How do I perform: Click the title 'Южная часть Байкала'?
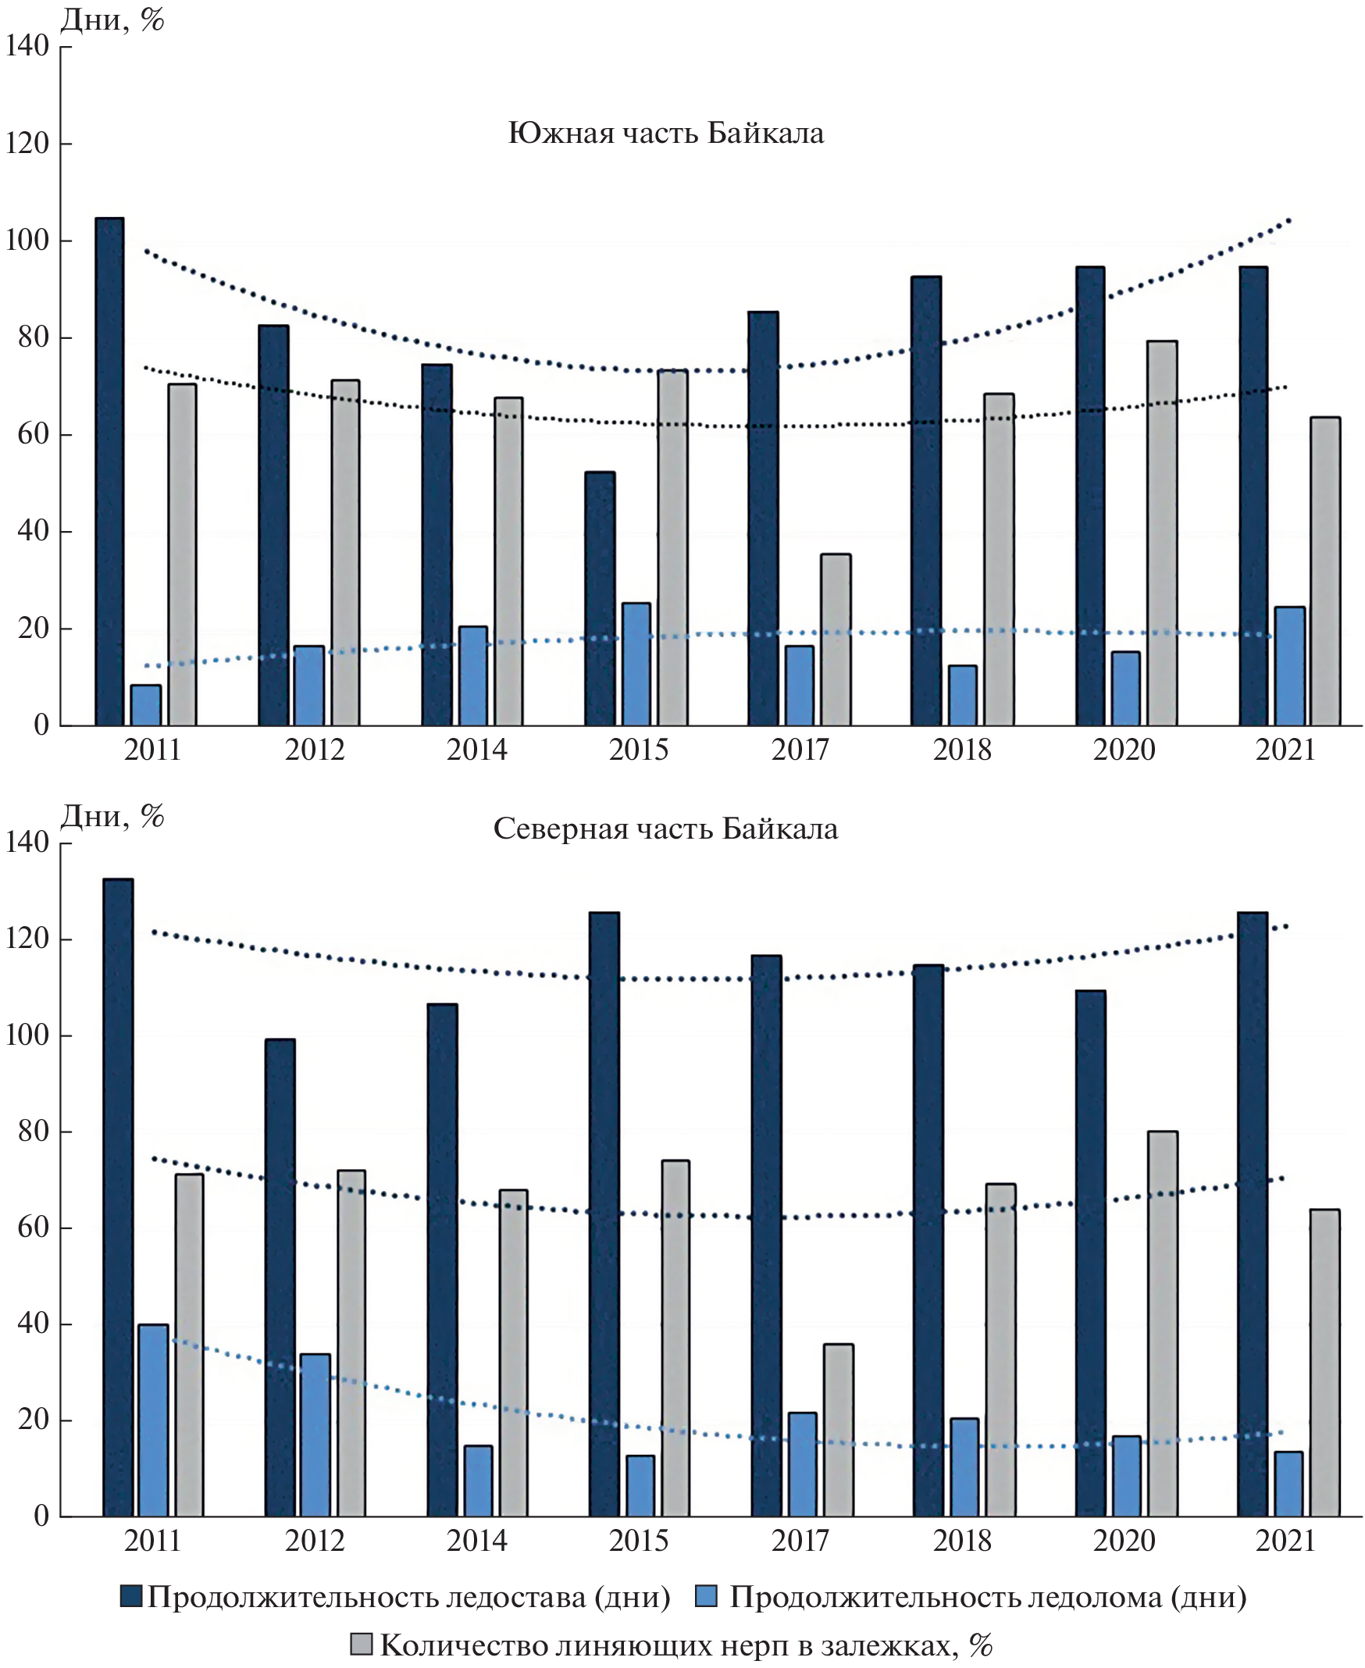coord(665,134)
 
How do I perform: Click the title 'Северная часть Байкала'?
coord(665,829)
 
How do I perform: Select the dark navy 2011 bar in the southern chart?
coord(109,472)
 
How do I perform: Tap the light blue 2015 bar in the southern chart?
coord(636,665)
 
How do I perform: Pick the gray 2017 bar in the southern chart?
coord(836,640)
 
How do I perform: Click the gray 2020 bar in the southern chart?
coord(1162,533)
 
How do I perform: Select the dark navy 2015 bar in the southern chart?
coord(600,598)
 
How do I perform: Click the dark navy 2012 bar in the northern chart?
coord(280,1277)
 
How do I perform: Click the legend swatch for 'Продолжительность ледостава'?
coord(130,1595)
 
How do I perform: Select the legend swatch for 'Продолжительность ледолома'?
coord(707,1595)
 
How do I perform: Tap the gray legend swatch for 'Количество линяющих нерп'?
coord(361,1645)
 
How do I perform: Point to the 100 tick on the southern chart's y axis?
coord(27,241)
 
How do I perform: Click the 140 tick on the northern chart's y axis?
coord(27,843)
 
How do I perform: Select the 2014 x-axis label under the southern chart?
coord(476,750)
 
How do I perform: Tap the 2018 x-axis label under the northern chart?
coord(962,1541)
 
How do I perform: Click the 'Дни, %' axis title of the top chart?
coord(112,20)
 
